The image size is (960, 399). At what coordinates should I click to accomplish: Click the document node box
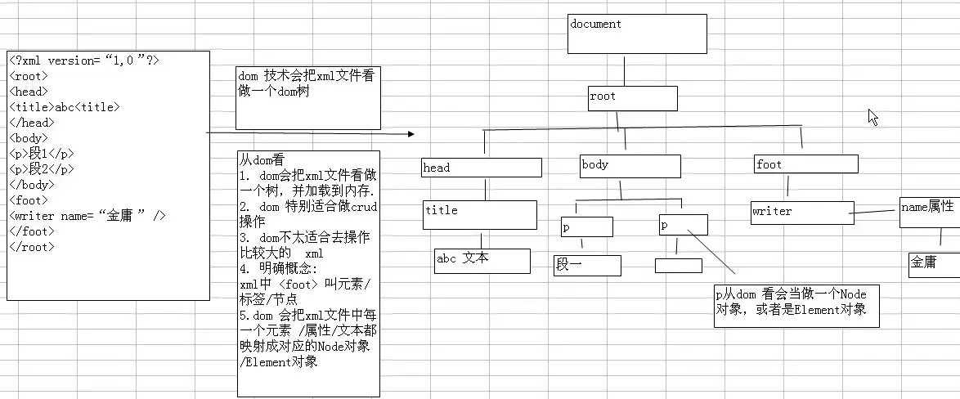coord(637,34)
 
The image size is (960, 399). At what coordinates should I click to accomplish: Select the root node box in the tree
coord(632,98)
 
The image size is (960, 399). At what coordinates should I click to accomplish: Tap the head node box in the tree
coord(482,168)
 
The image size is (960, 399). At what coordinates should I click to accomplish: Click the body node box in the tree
coord(630,166)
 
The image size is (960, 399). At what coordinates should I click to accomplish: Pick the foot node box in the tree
coord(805,164)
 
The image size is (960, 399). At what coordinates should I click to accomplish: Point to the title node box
coord(479,214)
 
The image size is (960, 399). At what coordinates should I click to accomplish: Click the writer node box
coord(802,212)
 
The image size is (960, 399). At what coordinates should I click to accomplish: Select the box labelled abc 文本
coord(482,260)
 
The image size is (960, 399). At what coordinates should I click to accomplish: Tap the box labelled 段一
coord(587,265)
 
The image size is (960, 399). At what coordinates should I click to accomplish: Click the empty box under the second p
coord(678,266)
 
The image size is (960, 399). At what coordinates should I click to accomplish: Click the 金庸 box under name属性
coord(933,264)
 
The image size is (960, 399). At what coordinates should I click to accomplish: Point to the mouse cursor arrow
coord(873,116)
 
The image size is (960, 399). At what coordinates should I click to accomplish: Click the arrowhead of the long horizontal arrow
coord(411,133)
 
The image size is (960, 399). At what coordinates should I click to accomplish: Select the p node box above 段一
coord(586,226)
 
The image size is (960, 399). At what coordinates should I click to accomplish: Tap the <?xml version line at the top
coord(85,61)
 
